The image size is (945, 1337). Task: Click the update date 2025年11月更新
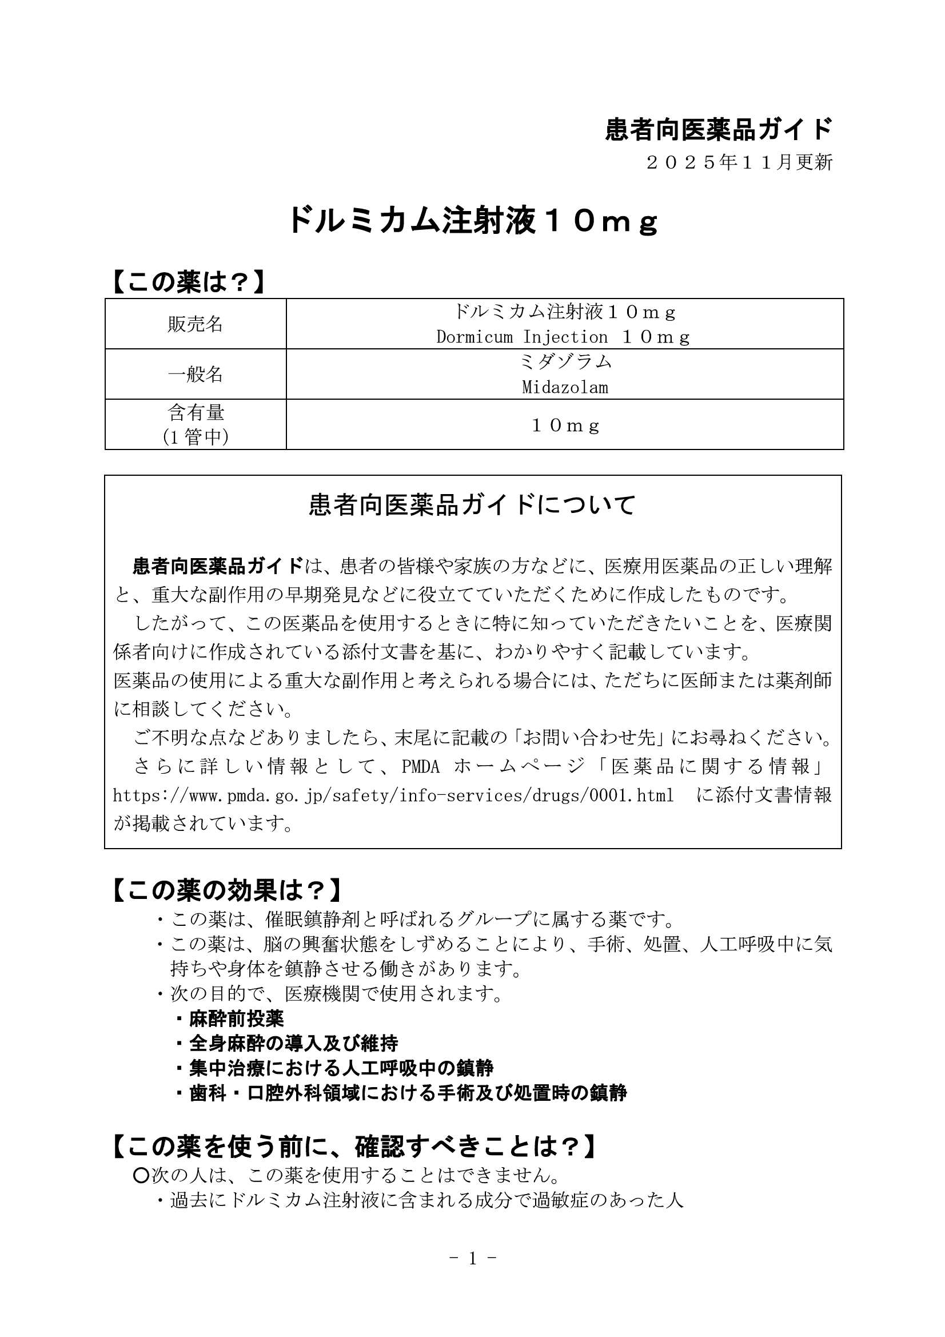coord(739,162)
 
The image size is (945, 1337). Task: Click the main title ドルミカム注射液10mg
coord(473,221)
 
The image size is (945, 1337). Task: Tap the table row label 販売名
coord(195,324)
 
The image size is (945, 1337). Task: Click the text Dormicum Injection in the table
coord(521,337)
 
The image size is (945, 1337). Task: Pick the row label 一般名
coord(195,374)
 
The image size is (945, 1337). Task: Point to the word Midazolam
coord(564,387)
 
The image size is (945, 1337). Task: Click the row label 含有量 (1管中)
coord(195,424)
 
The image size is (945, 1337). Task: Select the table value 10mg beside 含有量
coord(564,425)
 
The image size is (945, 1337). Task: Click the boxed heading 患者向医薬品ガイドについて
coord(472,504)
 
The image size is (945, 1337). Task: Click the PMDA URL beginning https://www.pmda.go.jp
coord(393,795)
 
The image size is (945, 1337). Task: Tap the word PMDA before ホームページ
coord(420,766)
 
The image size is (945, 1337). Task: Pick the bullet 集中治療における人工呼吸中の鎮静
coord(341,1068)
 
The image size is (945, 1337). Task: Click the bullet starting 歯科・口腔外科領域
coord(408,1092)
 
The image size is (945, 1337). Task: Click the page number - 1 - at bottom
coord(472,1259)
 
